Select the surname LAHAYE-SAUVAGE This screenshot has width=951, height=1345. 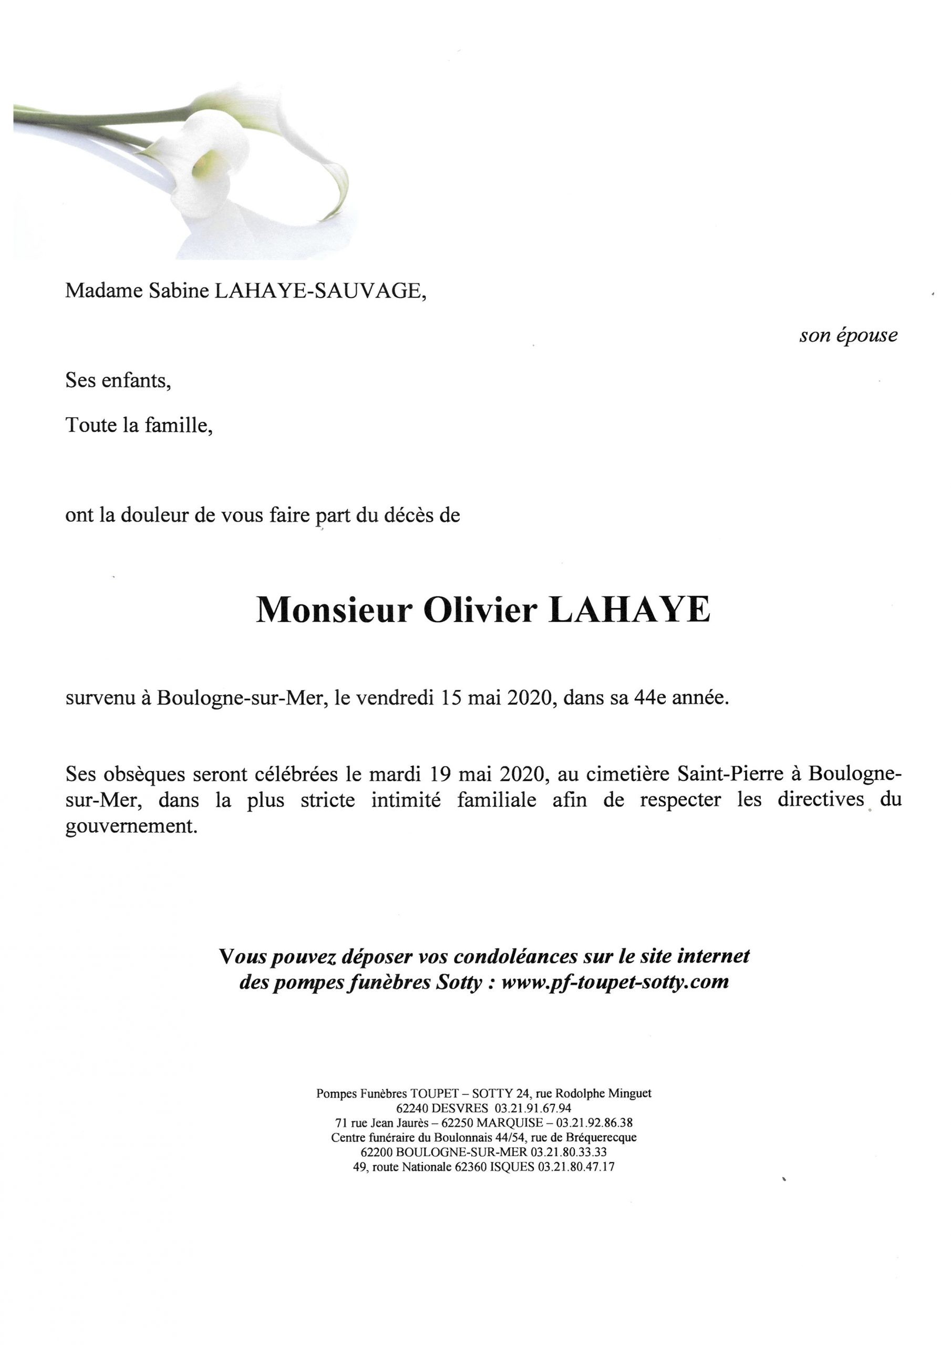pyautogui.click(x=319, y=291)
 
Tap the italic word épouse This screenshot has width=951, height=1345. pyautogui.click(x=867, y=336)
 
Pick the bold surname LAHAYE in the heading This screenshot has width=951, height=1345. pyautogui.click(x=629, y=611)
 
